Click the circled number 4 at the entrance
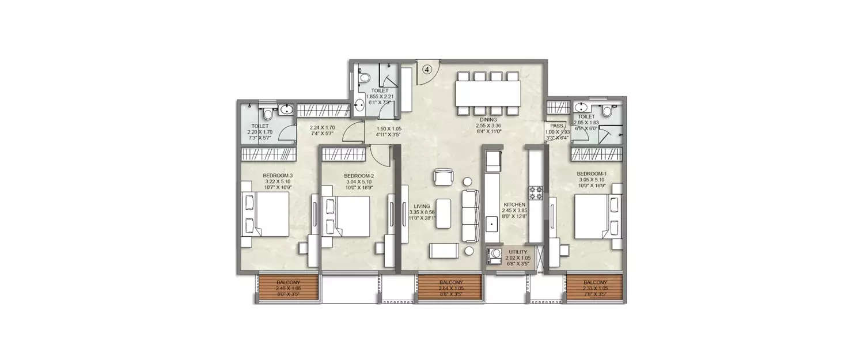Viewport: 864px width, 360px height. [x=427, y=69]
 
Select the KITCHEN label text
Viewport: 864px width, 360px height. [x=514, y=204]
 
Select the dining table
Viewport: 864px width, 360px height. [x=488, y=93]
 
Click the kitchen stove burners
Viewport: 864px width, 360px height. [x=536, y=193]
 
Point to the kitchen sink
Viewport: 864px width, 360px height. [x=492, y=223]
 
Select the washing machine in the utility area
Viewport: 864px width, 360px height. [x=495, y=256]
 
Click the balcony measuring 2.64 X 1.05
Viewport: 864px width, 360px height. [x=449, y=286]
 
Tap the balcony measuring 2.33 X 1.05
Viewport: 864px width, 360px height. [x=594, y=286]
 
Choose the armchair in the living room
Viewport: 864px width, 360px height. [x=444, y=177]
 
